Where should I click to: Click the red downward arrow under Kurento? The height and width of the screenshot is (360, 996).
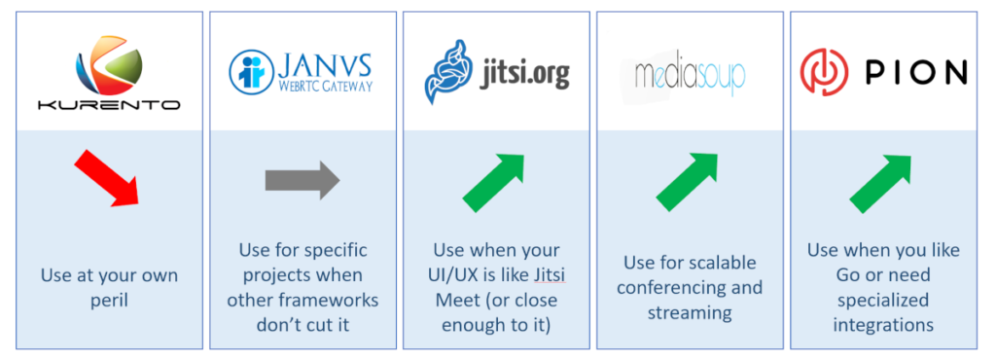point(107,182)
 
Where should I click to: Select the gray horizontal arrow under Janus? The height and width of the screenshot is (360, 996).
point(302,181)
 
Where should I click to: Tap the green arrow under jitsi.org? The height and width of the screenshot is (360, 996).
point(493,183)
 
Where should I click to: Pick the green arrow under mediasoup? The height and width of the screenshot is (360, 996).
point(687,183)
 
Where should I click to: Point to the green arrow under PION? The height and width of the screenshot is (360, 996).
point(880,183)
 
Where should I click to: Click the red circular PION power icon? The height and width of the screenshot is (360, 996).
point(825,72)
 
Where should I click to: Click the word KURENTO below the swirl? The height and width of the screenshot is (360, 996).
point(109,104)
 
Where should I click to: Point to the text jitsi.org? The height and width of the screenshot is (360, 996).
point(524,74)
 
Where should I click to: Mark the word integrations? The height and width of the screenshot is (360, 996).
point(883,324)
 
